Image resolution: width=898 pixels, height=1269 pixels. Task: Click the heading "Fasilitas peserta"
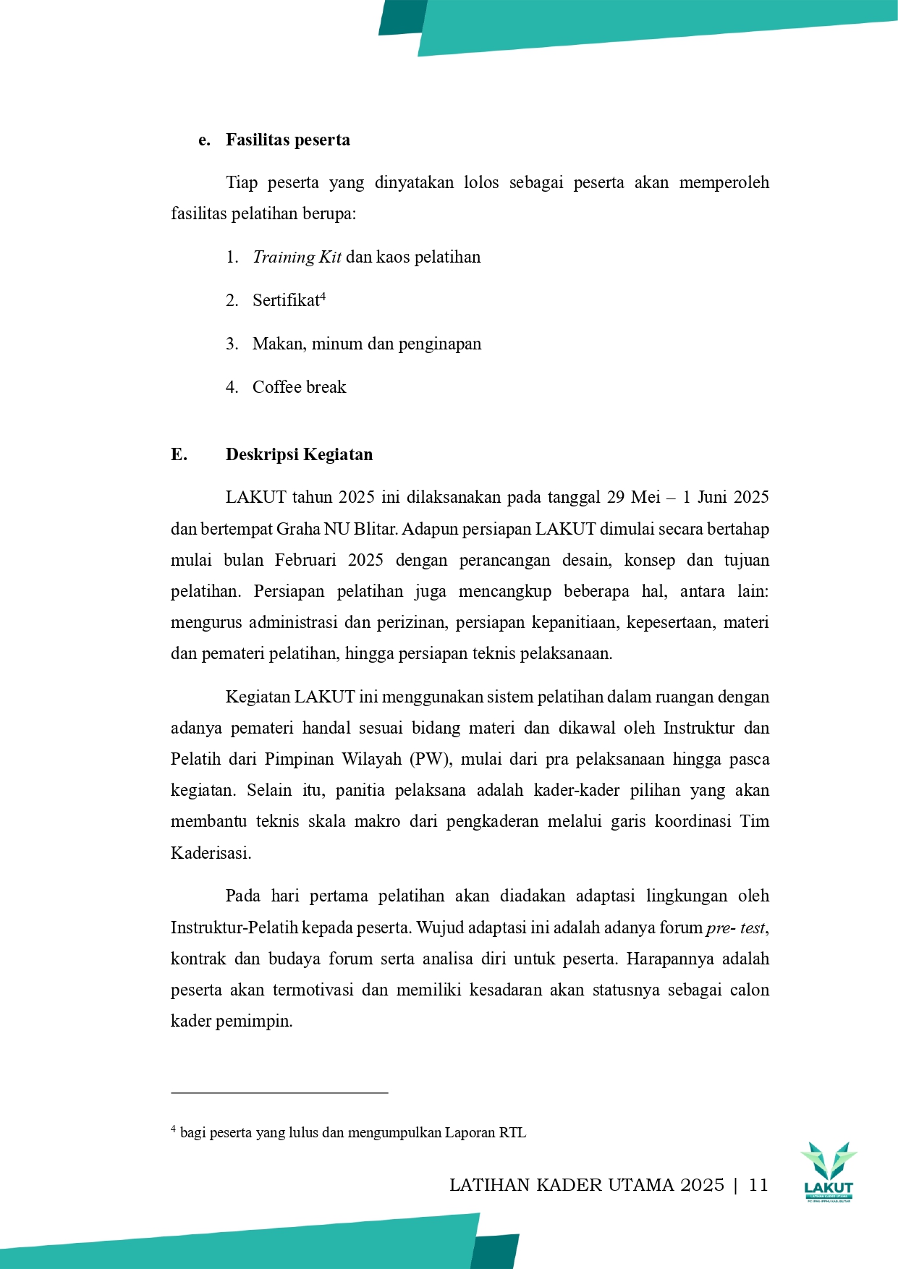coord(287,140)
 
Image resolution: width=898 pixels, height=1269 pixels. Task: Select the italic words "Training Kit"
coord(297,258)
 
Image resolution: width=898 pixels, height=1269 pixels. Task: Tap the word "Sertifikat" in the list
coord(285,301)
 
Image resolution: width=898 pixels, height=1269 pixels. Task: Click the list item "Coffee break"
coord(299,387)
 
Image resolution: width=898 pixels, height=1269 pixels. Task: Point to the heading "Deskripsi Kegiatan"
coord(299,454)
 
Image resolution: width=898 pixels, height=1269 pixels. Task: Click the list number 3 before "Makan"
coord(232,344)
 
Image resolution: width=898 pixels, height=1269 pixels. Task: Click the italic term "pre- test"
coord(735,928)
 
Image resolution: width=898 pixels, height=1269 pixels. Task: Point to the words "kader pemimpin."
coord(232,1022)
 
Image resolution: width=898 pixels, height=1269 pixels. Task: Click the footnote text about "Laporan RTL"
coord(352,1133)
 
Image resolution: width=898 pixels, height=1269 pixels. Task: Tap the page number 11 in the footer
coord(758,1185)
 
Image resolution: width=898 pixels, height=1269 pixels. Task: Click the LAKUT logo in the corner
coord(829,1171)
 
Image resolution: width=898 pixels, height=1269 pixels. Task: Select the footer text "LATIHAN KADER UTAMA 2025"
coord(586,1185)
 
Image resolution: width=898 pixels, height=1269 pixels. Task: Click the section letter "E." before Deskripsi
coord(179,454)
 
